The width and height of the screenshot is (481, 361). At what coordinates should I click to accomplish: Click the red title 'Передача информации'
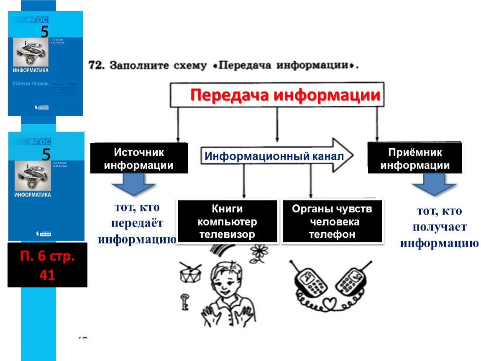tap(285, 95)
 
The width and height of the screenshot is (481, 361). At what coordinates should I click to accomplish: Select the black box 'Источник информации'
tap(139, 158)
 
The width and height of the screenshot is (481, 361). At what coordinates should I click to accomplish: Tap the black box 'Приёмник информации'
tap(415, 159)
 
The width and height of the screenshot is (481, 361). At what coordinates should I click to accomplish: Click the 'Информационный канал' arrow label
tap(274, 156)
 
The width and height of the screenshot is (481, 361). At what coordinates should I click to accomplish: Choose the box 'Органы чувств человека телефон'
tap(332, 221)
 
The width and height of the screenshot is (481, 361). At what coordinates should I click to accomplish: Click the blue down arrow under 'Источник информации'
tap(133, 184)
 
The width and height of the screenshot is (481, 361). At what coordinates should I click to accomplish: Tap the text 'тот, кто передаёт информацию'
tap(136, 224)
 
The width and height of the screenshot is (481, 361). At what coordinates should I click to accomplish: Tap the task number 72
tap(96, 66)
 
